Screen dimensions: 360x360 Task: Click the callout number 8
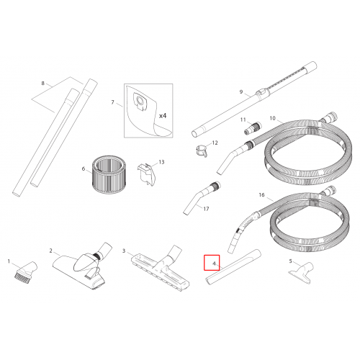point(42,84)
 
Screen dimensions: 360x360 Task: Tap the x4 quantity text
point(163,116)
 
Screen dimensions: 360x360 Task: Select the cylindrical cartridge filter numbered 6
point(109,174)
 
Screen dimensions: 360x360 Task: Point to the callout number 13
point(161,162)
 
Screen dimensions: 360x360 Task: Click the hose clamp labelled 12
point(201,151)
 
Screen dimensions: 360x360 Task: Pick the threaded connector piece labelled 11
point(253,128)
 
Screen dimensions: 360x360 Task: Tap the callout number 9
point(241,91)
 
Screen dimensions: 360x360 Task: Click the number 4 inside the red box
point(214,264)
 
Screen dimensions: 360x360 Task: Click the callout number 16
point(261,194)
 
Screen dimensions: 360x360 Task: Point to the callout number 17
point(206,209)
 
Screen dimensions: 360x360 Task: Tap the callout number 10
point(273,118)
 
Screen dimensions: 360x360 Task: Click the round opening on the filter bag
point(140,100)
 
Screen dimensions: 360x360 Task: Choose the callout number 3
point(124,251)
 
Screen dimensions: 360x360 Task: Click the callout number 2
point(50,251)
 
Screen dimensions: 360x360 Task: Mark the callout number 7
point(112,102)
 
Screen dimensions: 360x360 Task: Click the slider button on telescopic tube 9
point(261,93)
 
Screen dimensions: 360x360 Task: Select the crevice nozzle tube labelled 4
point(233,267)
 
